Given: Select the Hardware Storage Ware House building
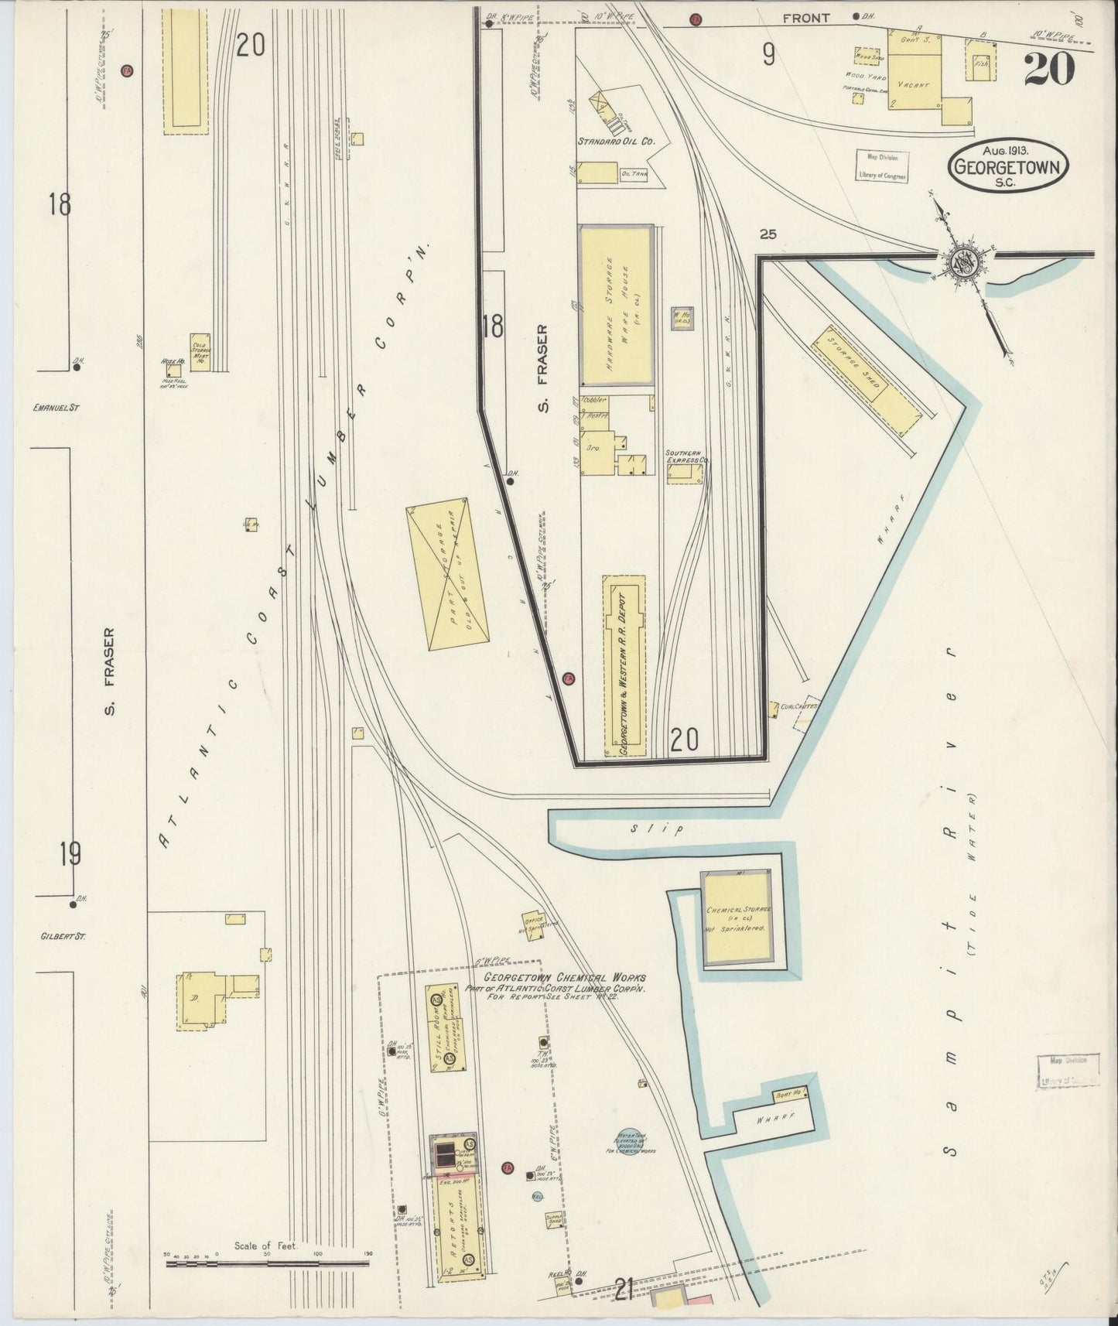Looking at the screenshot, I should pos(617,305).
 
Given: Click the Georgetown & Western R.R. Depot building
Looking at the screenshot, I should pos(624,665).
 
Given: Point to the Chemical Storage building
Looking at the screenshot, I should pos(736,918).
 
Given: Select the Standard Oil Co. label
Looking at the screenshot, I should pos(617,142).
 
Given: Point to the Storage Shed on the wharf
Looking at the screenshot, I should pos(867,379).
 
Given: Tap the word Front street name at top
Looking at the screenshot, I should pos(806,17).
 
